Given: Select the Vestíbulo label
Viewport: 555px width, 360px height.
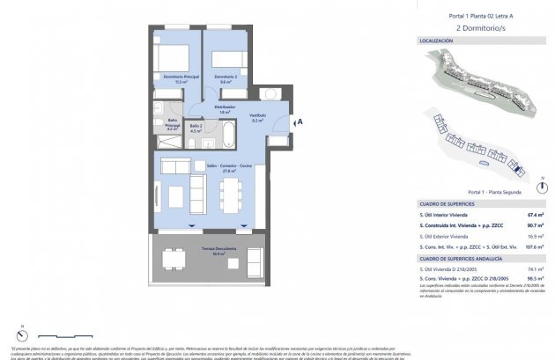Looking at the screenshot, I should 256,118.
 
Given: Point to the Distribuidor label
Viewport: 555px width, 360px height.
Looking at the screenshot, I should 225,108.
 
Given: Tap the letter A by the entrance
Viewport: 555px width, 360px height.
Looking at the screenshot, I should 300,122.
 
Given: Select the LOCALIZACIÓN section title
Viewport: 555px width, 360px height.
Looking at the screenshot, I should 436,40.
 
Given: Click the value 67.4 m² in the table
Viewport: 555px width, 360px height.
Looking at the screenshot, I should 535,214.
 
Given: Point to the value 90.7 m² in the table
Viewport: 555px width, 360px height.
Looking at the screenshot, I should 535,225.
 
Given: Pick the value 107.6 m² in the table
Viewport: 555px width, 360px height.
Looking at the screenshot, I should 535,247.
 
